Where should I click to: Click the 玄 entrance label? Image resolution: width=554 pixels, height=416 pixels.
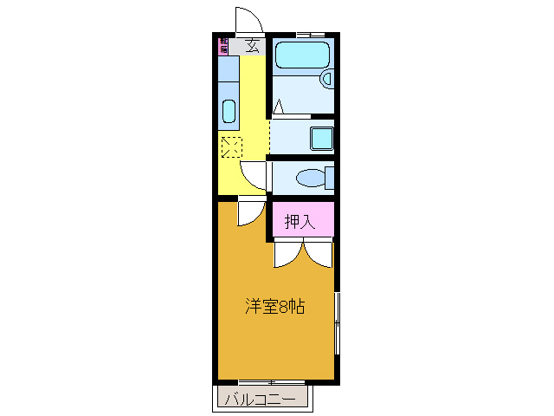coord(252,45)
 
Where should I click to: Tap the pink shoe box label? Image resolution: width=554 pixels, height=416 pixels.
coord(223,45)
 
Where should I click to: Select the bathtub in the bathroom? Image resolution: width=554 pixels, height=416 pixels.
coord(300,58)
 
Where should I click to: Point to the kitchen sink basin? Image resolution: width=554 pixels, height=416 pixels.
coord(229,112)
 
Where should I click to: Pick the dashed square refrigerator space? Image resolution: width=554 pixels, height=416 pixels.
coord(230,146)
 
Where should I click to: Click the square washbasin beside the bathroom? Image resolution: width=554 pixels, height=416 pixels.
coord(320,138)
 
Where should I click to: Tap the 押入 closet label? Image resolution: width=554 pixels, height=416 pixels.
coord(300,222)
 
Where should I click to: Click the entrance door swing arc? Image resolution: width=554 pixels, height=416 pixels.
coord(248,18)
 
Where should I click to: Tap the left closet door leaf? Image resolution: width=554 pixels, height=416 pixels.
coord(287,253)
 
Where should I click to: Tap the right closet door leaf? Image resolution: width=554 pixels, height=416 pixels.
coord(318,253)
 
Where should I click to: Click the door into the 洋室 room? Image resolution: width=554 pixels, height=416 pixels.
coord(251,212)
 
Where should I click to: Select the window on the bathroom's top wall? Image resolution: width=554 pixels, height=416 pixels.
coord(305,34)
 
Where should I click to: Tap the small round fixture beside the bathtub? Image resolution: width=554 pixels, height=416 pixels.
coord(326,79)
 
